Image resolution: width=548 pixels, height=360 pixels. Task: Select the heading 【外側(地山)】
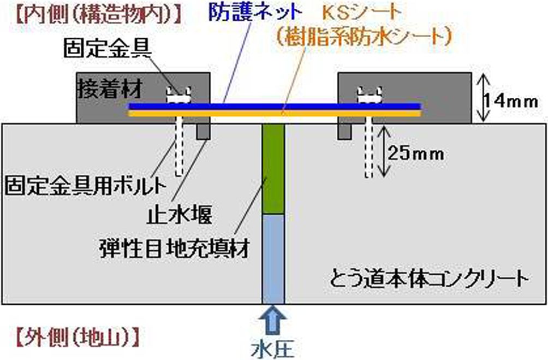(x=76, y=335)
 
